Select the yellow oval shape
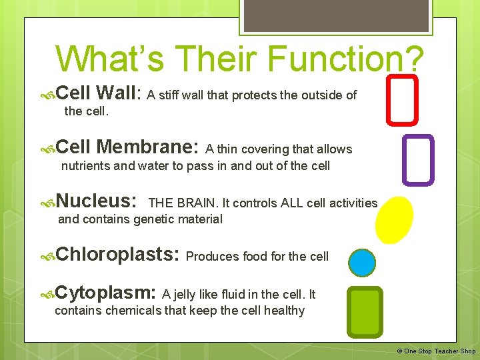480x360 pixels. click(x=394, y=219)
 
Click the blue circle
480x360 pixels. click(x=363, y=263)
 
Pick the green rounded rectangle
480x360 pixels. click(x=365, y=312)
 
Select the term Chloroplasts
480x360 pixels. click(x=117, y=254)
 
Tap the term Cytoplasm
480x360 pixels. click(x=106, y=293)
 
